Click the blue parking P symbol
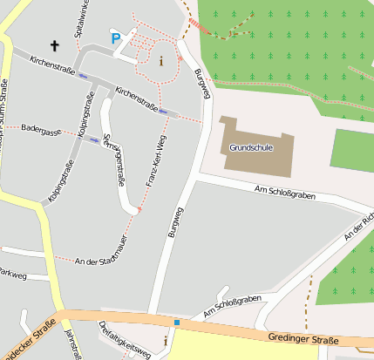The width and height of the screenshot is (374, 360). coord(116,37)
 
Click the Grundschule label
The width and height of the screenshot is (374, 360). coord(251,147)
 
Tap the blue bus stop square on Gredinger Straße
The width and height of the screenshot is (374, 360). coord(176,323)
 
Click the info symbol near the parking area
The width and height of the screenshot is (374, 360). coord(160,60)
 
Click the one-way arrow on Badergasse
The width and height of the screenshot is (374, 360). coord(94,139)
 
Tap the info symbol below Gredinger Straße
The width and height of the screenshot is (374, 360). coord(167,341)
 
